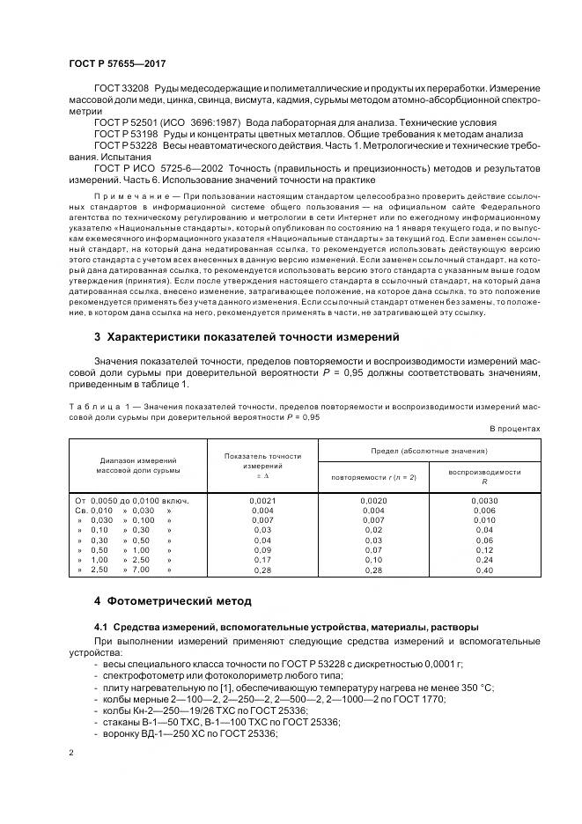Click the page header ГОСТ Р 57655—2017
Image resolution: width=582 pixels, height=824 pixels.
click(x=117, y=64)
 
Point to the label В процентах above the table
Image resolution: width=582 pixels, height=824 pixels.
click(x=514, y=429)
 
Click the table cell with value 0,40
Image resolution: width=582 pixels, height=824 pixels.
click(x=484, y=570)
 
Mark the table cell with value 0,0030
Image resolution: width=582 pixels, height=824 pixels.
click(x=484, y=500)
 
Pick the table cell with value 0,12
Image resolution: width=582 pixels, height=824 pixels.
click(x=484, y=549)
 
